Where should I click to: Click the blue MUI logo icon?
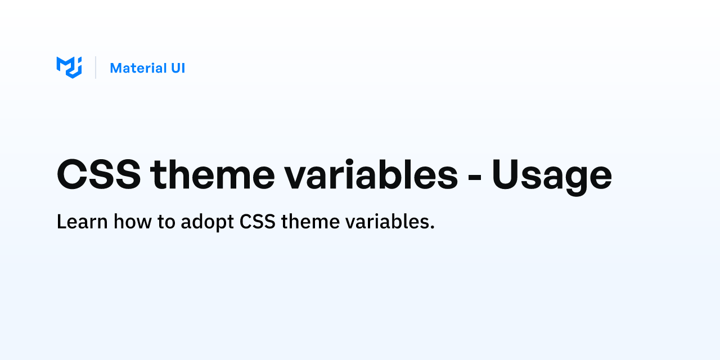[69, 67]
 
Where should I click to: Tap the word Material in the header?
[138, 68]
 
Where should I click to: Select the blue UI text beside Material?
[178, 68]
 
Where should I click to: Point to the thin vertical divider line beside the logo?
[96, 67]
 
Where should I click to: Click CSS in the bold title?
[98, 175]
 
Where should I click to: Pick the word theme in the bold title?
[213, 174]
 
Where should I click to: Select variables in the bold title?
[371, 174]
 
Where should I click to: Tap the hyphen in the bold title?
[475, 177]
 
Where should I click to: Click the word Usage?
[552, 177]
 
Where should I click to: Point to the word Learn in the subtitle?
[82, 222]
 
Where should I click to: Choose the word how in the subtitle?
[132, 222]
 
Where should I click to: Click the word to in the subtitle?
[166, 222]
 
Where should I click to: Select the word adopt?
[208, 222]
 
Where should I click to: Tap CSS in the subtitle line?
[258, 222]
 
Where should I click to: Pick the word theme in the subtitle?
[310, 222]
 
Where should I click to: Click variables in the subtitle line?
[387, 222]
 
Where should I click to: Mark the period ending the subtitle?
[432, 228]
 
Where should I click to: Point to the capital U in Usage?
[506, 175]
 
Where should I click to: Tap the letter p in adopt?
[219, 224]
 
